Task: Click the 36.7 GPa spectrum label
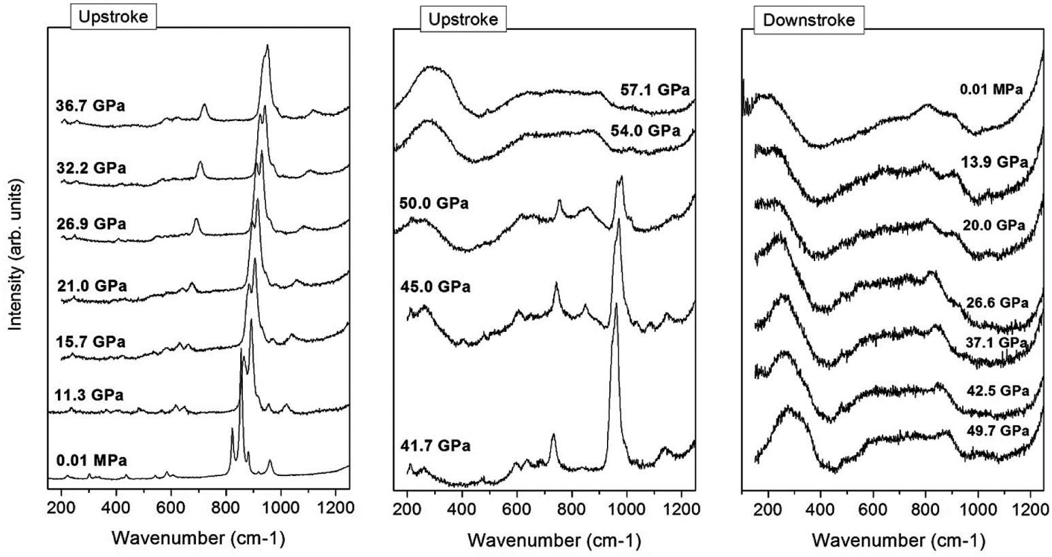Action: tap(91, 105)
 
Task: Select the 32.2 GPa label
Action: tap(91, 168)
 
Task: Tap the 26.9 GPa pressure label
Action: tap(91, 224)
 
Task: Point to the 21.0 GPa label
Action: tap(92, 286)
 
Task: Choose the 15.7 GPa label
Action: tap(91, 341)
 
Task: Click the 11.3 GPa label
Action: tap(91, 394)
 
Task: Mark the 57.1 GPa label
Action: tap(655, 90)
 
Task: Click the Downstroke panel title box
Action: tap(808, 20)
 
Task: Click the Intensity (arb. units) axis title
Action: tap(18, 254)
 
